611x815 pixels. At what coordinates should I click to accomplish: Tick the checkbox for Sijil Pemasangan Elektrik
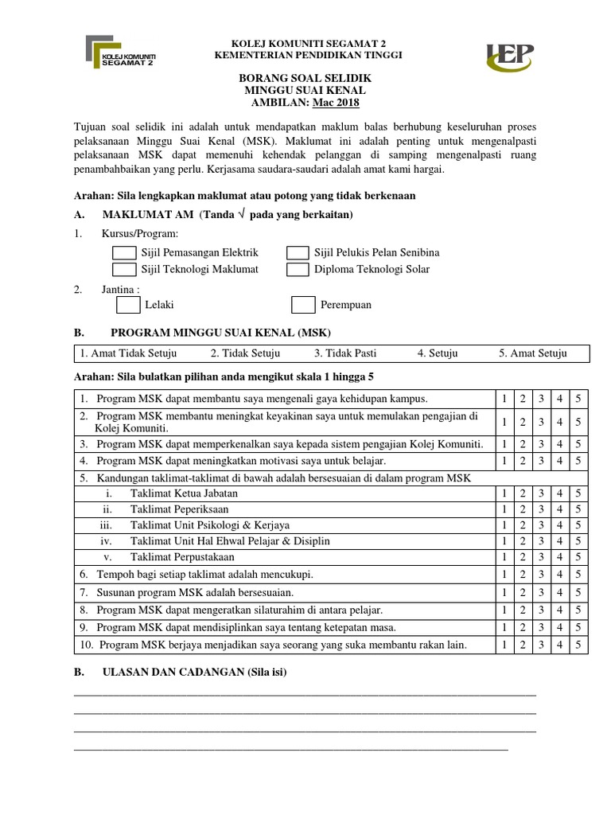pyautogui.click(x=124, y=252)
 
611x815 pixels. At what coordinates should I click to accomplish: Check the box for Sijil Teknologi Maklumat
pyautogui.click(x=124, y=269)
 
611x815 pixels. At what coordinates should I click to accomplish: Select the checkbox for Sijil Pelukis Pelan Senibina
pyautogui.click(x=298, y=252)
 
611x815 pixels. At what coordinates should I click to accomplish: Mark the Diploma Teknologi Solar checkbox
pyautogui.click(x=298, y=269)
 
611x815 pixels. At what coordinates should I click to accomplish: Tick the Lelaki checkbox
pyautogui.click(x=128, y=305)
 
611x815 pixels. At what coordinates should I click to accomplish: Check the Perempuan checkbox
pyautogui.click(x=303, y=305)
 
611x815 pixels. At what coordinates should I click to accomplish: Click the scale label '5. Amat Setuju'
pyautogui.click(x=532, y=353)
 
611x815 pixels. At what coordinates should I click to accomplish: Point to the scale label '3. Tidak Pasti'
pyautogui.click(x=344, y=353)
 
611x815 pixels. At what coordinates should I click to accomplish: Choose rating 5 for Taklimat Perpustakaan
pyautogui.click(x=578, y=557)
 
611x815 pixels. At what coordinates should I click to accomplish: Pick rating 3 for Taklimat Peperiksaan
pyautogui.click(x=541, y=509)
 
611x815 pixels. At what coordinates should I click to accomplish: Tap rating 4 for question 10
pyautogui.click(x=559, y=645)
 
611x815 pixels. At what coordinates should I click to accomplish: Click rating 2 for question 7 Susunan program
pyautogui.click(x=522, y=593)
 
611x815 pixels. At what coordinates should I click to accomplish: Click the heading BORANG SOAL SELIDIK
pyautogui.click(x=305, y=80)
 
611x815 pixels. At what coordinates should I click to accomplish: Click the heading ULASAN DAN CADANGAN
pyautogui.click(x=194, y=673)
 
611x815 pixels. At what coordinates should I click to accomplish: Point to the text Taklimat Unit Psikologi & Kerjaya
pyautogui.click(x=210, y=525)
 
